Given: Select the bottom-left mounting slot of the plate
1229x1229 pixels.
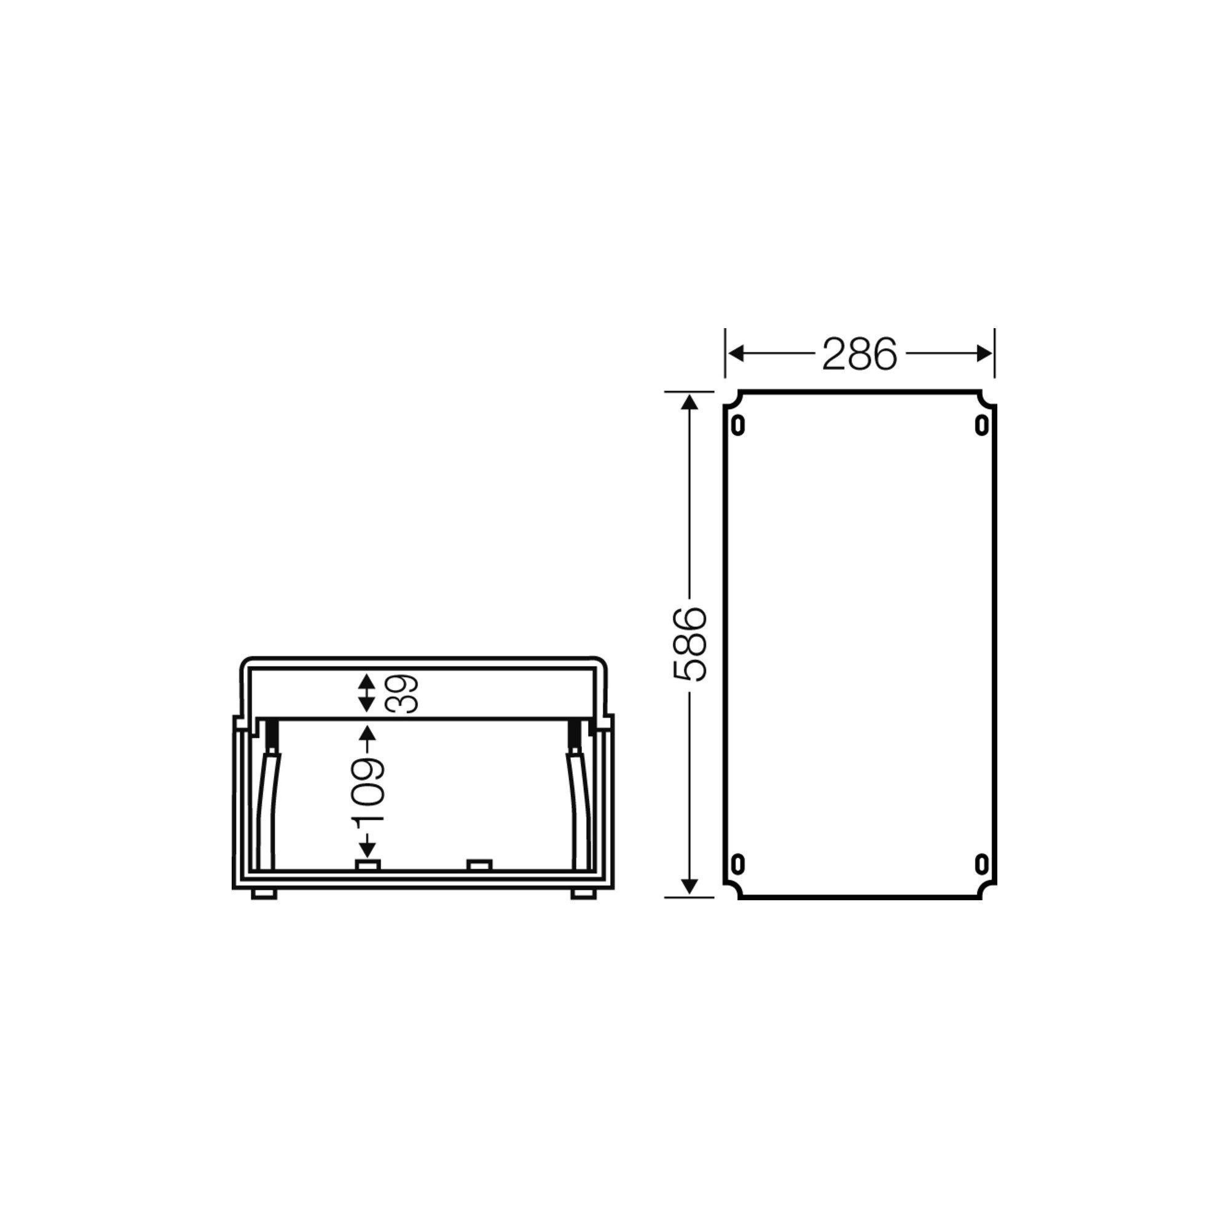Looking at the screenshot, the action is pyautogui.click(x=738, y=864).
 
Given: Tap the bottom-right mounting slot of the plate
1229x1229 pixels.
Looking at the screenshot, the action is pyautogui.click(x=981, y=864).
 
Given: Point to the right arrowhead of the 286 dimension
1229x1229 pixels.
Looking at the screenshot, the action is pyautogui.click(x=983, y=354).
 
